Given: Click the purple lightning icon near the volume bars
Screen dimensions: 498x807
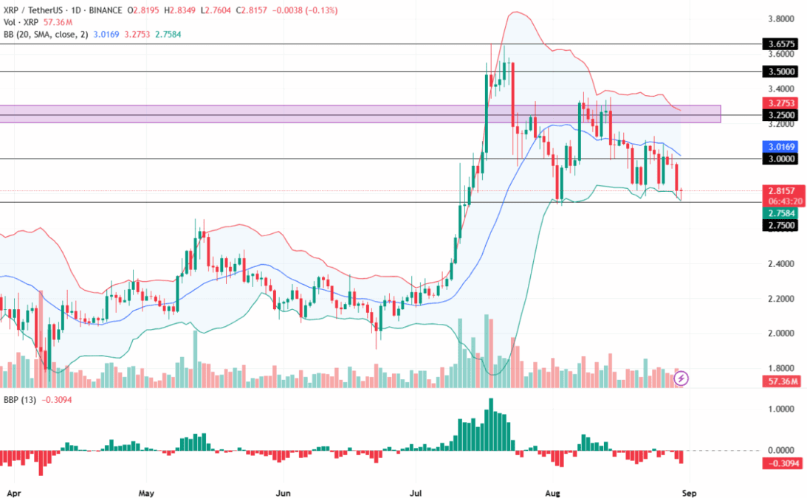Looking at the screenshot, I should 681,378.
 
